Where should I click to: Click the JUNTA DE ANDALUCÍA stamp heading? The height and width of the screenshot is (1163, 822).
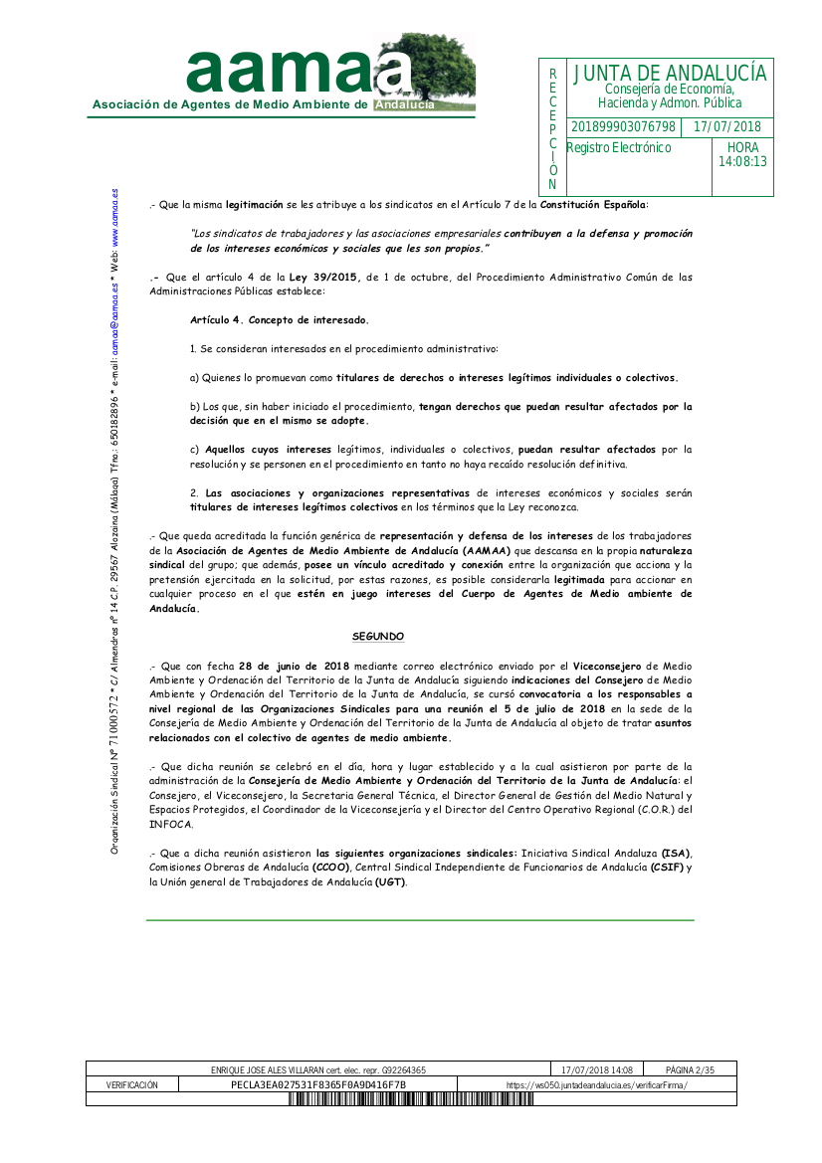tap(669, 74)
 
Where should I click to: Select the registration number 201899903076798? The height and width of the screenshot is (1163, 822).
tap(623, 127)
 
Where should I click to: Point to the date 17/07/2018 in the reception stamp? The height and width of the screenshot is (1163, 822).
tap(726, 127)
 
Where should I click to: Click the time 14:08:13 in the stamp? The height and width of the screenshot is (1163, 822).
tap(742, 161)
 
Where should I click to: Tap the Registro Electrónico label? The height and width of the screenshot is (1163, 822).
tap(619, 148)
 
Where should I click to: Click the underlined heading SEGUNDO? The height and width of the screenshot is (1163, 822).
tap(378, 636)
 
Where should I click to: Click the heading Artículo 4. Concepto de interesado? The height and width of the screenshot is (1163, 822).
tap(279, 320)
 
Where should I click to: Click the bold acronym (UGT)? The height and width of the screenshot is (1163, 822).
tap(390, 881)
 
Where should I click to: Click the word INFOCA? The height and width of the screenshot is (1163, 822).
tap(171, 825)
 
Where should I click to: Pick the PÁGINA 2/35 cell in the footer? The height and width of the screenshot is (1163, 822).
tap(690, 1069)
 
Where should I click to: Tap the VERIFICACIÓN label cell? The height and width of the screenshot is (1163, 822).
tap(132, 1084)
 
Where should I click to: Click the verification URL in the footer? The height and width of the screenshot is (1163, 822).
tap(596, 1084)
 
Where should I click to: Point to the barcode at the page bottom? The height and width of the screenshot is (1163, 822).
tap(411, 1099)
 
